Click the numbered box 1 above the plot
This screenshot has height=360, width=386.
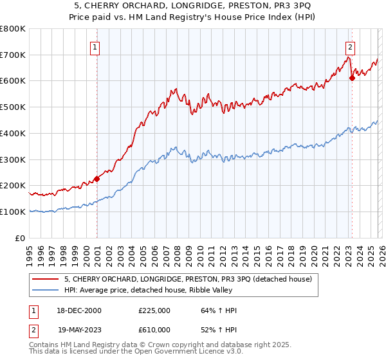point(95,46)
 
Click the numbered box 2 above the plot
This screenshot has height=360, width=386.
point(350,46)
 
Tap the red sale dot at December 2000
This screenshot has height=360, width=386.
point(97,179)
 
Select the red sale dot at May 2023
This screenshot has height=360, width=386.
point(352,78)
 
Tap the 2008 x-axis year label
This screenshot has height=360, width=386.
point(177,251)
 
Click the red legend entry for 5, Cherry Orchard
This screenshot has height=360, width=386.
point(188,279)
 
